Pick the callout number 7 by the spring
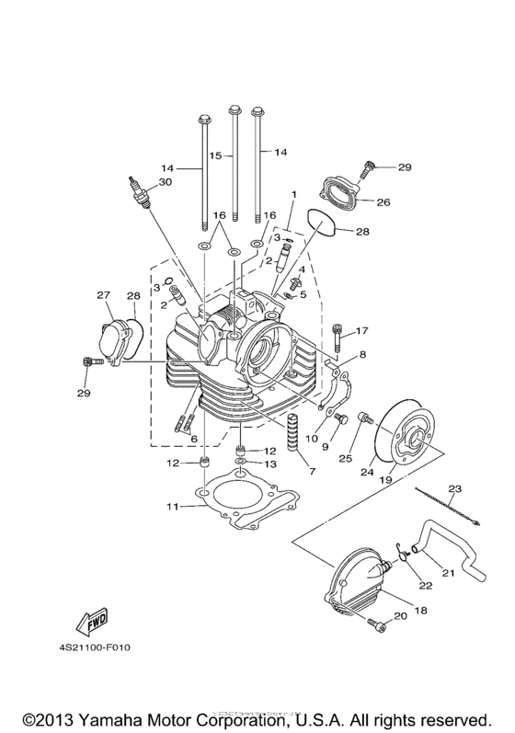pos(312,472)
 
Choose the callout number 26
pos(383,202)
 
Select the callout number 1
pos(293,195)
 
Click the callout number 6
pos(194,440)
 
